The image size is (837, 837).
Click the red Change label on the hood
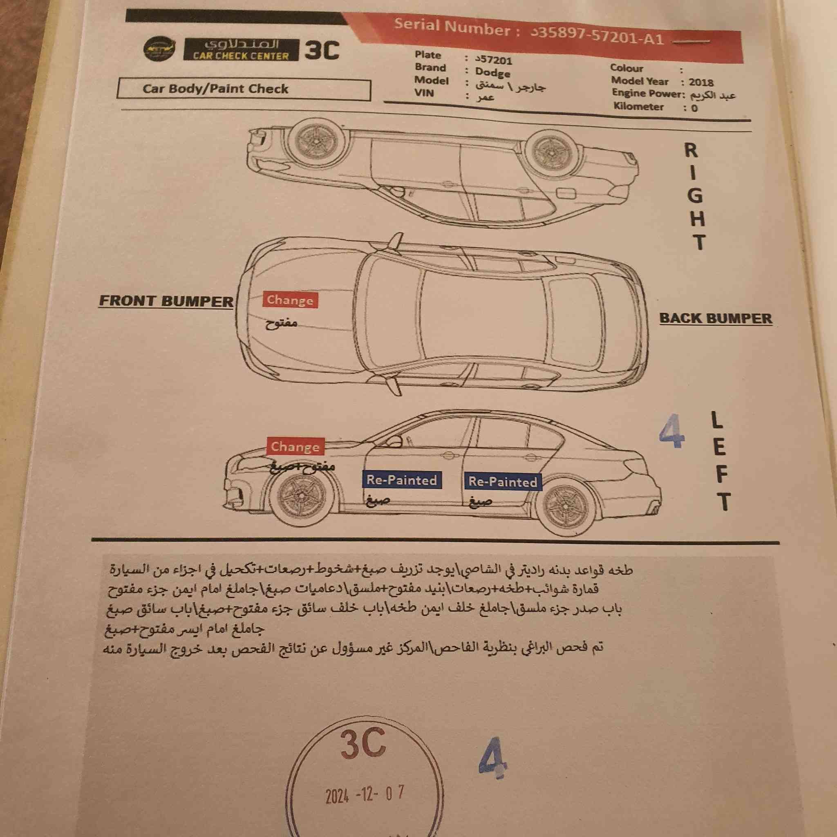click(x=290, y=300)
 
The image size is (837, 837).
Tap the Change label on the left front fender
click(x=295, y=447)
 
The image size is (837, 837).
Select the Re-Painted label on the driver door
click(x=401, y=480)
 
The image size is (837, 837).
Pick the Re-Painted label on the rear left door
click(x=503, y=482)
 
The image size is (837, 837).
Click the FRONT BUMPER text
click(x=166, y=301)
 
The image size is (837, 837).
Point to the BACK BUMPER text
click(x=716, y=318)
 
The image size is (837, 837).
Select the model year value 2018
click(x=701, y=82)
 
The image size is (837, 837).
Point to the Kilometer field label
click(x=638, y=107)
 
